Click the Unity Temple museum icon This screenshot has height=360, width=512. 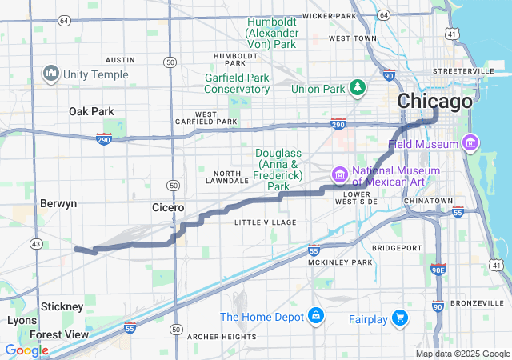(52, 74)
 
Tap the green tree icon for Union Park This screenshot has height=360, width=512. (358, 86)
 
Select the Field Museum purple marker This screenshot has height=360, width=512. (471, 144)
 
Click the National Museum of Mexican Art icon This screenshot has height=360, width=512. (339, 174)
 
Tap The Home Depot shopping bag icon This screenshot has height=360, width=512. (316, 317)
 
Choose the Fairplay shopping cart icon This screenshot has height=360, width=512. (400, 319)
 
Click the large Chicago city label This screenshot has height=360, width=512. (434, 102)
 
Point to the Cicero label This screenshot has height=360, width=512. (169, 207)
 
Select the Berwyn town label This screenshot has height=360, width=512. (58, 204)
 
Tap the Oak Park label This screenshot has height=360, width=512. (91, 111)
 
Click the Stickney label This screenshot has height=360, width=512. (62, 306)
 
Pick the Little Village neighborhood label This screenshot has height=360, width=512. (265, 222)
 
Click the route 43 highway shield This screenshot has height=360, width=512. (36, 243)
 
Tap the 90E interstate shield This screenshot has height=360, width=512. (438, 270)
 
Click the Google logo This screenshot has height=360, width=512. (26, 350)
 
